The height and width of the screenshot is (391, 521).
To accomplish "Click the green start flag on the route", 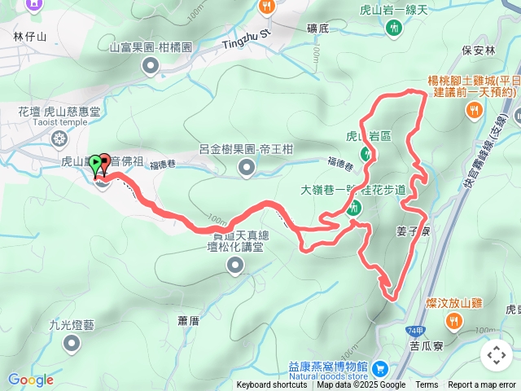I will coord(97,163).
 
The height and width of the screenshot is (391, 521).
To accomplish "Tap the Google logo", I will coord(30,380).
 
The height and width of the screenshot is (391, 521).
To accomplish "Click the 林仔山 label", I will coord(31,37).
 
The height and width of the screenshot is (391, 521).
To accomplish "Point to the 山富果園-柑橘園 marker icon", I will coord(150,65).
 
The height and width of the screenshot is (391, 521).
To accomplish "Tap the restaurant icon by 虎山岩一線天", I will coord(394,28).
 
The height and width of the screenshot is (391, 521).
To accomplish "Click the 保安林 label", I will coord(478,50).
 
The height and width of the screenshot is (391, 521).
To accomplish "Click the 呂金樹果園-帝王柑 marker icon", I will coord(247,168).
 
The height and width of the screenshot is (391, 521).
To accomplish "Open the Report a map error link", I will coord(482,385).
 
